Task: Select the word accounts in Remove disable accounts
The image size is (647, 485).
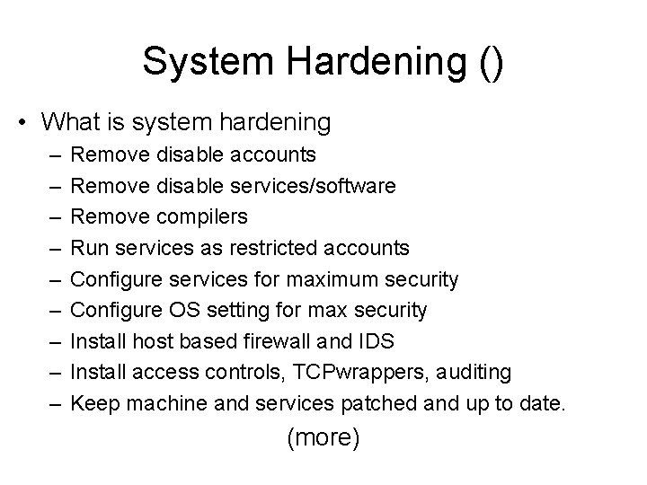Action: (x=272, y=155)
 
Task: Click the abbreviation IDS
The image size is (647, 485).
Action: (x=376, y=341)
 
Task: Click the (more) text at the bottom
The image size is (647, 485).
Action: (x=323, y=438)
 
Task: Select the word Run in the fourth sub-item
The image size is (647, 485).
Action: (x=87, y=248)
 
